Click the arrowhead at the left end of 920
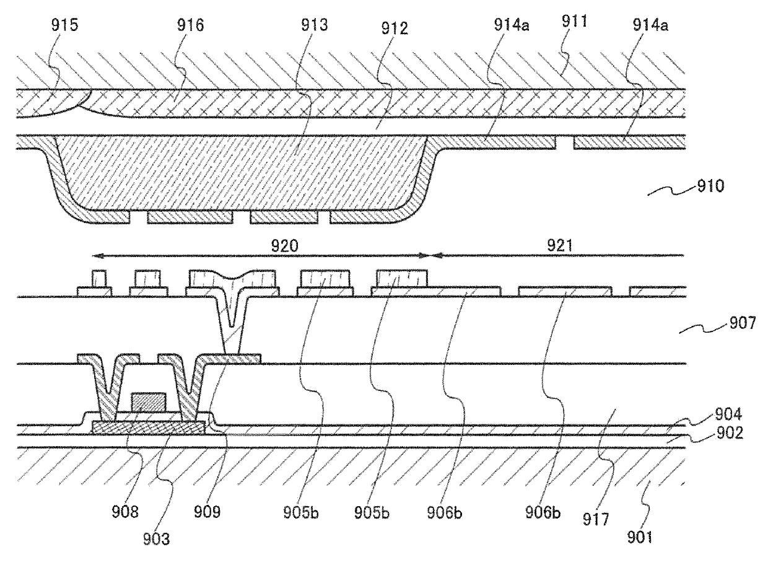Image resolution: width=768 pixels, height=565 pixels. click(95, 255)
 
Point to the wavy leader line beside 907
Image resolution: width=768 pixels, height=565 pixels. click(697, 330)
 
